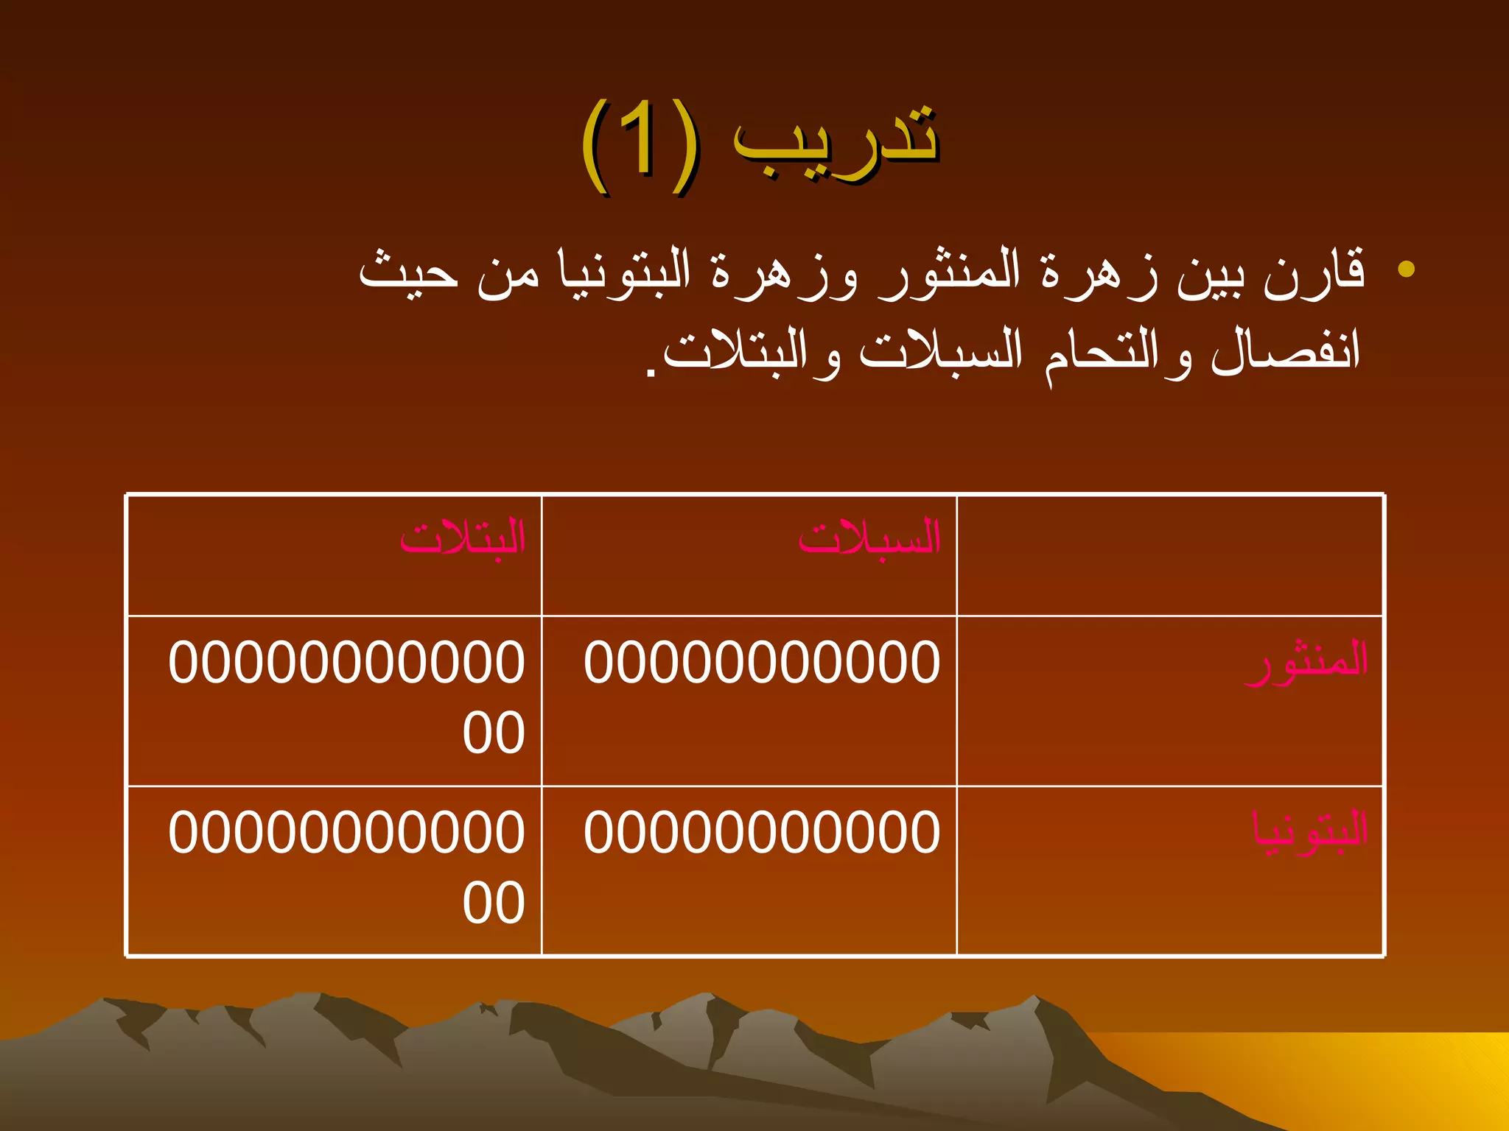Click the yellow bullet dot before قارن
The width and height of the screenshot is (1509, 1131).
(1406, 269)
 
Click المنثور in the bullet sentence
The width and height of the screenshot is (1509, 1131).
(950, 272)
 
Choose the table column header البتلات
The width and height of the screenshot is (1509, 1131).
(463, 538)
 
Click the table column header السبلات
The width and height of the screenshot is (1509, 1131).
(869, 538)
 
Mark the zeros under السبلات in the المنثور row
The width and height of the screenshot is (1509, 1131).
(762, 662)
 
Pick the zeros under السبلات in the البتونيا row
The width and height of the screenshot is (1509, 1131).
(762, 832)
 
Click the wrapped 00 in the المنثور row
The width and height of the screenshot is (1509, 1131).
(493, 733)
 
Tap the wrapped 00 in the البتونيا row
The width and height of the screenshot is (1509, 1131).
(493, 903)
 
